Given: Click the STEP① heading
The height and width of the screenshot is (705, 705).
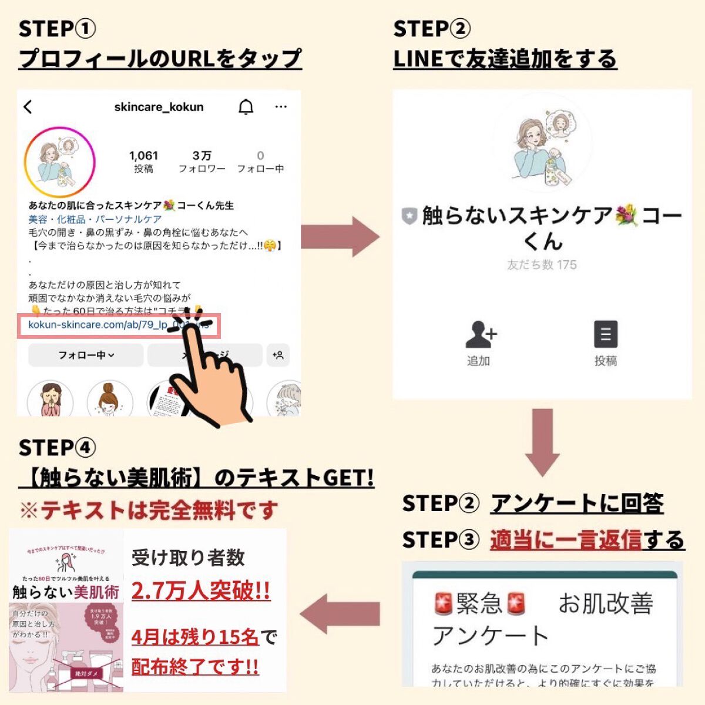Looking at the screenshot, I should click(57, 28).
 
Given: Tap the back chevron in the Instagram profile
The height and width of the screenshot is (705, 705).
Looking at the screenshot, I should click(28, 107).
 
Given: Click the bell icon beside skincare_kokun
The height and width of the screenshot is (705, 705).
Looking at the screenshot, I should click(246, 107).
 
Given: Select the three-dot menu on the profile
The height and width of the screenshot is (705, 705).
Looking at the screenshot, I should click(281, 107).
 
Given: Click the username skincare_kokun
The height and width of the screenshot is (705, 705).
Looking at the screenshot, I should click(159, 107).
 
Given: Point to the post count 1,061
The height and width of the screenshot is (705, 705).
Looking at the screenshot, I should click(144, 156).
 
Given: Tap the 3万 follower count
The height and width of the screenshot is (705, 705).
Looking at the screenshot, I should click(202, 156).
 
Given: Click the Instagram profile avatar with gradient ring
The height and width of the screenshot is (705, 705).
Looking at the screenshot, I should click(59, 162).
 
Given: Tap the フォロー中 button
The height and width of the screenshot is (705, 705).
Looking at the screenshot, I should click(86, 355).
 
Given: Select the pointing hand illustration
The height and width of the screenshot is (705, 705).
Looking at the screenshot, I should click(209, 376).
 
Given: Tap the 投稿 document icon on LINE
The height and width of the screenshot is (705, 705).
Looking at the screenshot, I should click(605, 335).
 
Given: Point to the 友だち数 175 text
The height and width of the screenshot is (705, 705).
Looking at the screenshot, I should click(542, 265).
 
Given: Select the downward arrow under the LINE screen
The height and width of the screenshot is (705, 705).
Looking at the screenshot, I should click(542, 442).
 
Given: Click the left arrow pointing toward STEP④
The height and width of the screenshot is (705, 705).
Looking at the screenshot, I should click(340, 615).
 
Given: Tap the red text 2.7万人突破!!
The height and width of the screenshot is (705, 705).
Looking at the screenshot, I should click(201, 590).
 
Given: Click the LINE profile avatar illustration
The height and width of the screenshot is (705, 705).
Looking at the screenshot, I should click(542, 144).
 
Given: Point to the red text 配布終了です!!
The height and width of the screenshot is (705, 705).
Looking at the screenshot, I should click(195, 667).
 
